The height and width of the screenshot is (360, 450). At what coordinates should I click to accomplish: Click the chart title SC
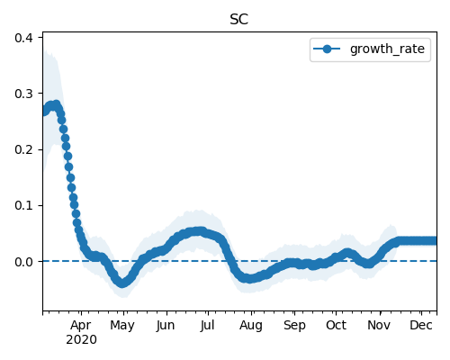tap(238, 20)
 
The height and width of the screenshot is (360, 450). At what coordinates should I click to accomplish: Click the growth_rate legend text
tap(387, 49)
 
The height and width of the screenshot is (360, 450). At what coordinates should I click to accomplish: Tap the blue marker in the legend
tap(327, 49)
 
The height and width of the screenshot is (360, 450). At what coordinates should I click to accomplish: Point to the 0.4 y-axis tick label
tap(24, 38)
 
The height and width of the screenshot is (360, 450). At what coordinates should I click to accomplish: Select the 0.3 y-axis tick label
tap(24, 94)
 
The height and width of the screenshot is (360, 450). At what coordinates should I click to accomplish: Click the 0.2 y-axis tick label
tap(24, 149)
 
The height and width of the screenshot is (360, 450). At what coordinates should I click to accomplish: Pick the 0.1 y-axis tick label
tap(24, 206)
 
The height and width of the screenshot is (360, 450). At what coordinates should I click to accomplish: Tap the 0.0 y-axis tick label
tap(24, 262)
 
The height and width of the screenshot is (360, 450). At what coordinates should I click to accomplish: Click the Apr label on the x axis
tap(81, 326)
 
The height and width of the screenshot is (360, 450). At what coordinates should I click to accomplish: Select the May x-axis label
tap(122, 326)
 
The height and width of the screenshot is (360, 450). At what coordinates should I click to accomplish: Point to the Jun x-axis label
tap(166, 325)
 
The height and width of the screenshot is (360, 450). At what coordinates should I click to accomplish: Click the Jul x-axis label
tap(207, 325)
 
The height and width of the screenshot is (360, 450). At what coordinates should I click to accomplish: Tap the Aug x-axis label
tap(251, 326)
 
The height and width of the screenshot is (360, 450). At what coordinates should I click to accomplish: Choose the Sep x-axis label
tap(294, 326)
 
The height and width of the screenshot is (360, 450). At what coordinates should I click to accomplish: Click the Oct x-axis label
tap(337, 325)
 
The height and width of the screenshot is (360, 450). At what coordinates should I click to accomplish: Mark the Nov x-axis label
tap(379, 325)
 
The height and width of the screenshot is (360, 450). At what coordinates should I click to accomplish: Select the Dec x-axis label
tap(421, 325)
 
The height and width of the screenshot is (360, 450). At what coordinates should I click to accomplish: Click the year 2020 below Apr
tap(81, 340)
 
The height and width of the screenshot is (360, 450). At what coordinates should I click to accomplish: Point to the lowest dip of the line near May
tap(121, 283)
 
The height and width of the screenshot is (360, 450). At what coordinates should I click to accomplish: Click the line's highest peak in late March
tap(56, 104)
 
